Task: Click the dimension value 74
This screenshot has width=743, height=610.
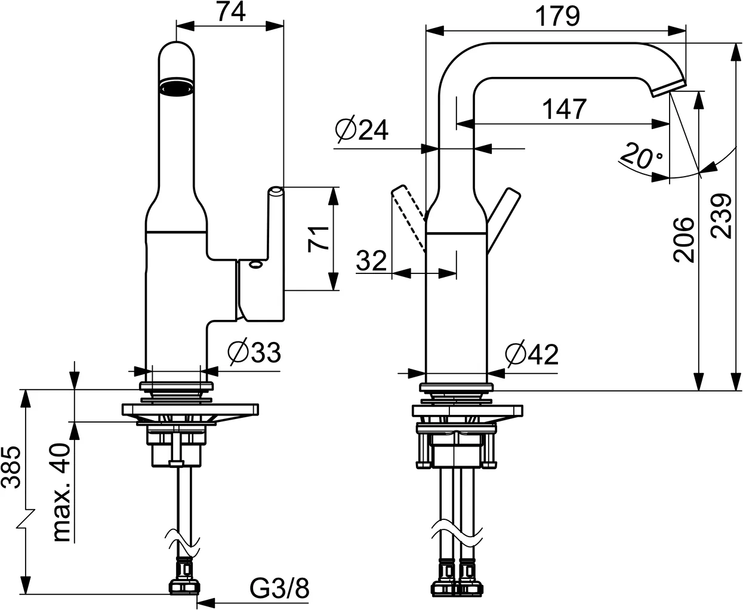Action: click(x=230, y=12)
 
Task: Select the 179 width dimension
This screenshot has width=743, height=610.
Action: click(x=557, y=16)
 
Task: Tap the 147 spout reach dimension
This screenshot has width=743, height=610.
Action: click(x=564, y=109)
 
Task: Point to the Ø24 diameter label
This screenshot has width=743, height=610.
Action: click(x=361, y=130)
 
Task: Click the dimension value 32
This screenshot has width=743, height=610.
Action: click(x=371, y=260)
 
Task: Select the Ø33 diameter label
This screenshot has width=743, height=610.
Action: click(x=254, y=353)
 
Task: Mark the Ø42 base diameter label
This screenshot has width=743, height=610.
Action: click(x=531, y=355)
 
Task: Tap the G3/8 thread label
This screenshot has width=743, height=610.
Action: click(x=279, y=590)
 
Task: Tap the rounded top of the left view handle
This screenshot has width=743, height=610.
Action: click(x=275, y=190)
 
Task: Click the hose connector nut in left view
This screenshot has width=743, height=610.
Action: click(x=183, y=586)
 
